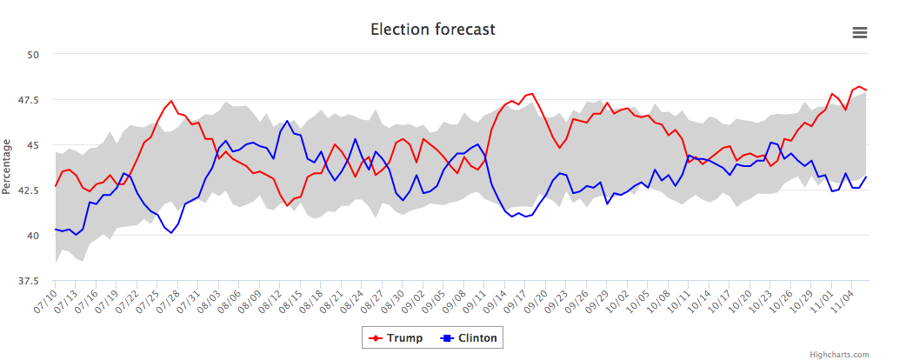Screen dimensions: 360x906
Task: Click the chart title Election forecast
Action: pyautogui.click(x=432, y=30)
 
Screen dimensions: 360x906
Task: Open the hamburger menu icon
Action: pyautogui.click(x=860, y=32)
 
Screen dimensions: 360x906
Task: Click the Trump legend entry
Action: pyautogui.click(x=396, y=338)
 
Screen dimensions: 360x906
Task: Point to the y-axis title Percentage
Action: pyautogui.click(x=7, y=165)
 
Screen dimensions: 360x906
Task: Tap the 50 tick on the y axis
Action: pyautogui.click(x=34, y=54)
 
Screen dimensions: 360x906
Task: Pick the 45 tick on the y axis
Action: pyautogui.click(x=34, y=145)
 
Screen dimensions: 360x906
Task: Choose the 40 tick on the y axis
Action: pyautogui.click(x=34, y=236)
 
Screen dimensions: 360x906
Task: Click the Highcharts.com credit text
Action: pyautogui.click(x=839, y=354)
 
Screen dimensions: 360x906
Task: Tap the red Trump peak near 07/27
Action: pyautogui.click(x=171, y=101)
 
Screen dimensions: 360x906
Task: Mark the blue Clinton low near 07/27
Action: pyautogui.click(x=171, y=233)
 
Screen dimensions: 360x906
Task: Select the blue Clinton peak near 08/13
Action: pyautogui.click(x=287, y=121)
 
